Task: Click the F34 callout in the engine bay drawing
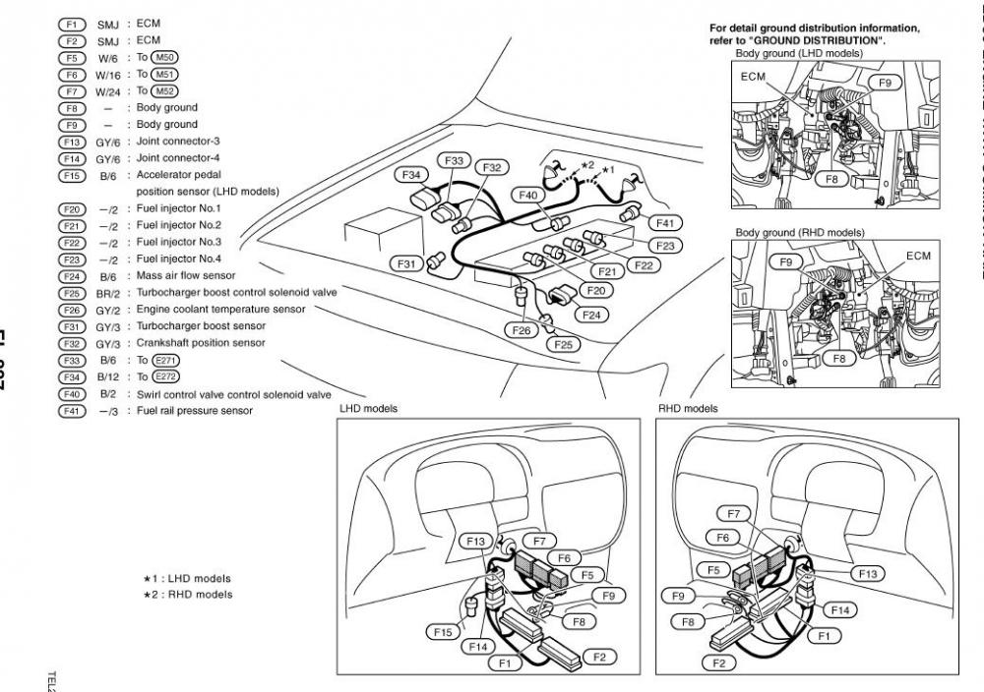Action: (x=412, y=174)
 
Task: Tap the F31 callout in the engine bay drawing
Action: (x=406, y=263)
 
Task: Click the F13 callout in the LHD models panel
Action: (x=476, y=542)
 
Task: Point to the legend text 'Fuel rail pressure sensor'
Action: (x=194, y=411)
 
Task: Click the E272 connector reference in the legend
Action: (x=165, y=377)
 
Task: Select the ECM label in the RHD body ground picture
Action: (x=918, y=256)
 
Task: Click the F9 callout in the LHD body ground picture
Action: (x=884, y=84)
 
